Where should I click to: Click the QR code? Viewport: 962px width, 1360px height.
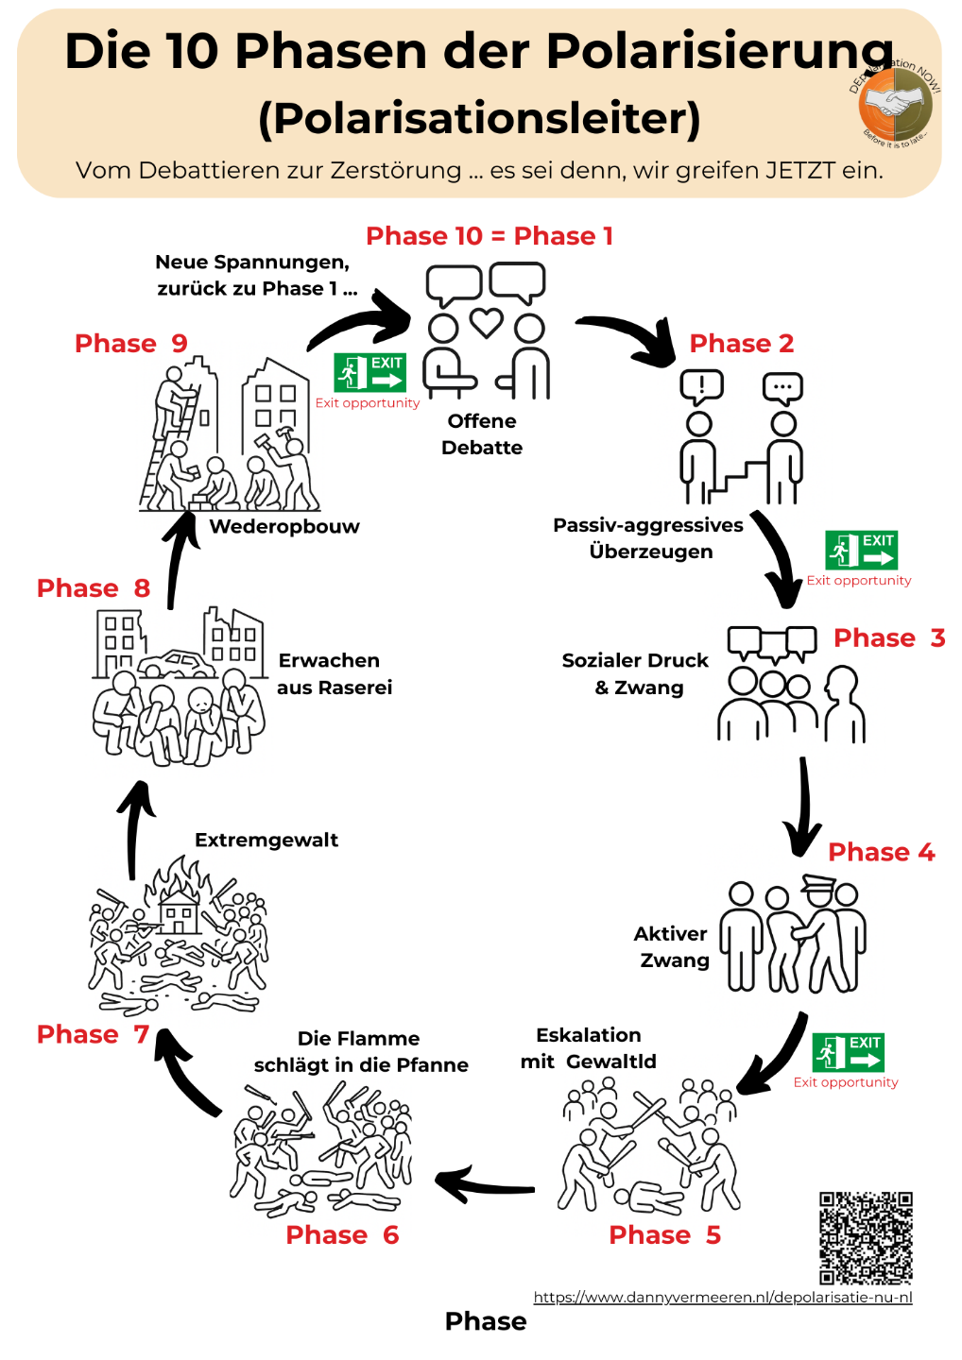tap(866, 1237)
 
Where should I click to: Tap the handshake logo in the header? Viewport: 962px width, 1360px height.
tap(895, 104)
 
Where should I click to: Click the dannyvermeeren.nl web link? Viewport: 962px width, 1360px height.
tap(723, 1298)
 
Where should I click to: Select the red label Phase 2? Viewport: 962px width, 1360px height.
tap(742, 344)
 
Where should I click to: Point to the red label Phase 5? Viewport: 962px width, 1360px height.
tap(664, 1235)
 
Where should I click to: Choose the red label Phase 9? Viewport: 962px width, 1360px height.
tap(131, 344)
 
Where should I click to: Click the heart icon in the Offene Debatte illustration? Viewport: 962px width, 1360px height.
tap(487, 323)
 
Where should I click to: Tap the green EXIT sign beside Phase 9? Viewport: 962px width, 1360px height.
tap(369, 372)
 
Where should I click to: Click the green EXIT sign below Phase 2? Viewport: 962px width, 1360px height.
tap(861, 550)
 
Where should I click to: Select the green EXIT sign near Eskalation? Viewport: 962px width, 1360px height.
tap(848, 1052)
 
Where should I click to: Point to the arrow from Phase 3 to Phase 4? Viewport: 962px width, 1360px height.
tap(804, 807)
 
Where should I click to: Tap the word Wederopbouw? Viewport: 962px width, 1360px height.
tap(284, 527)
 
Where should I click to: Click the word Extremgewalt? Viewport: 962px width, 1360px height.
tap(266, 841)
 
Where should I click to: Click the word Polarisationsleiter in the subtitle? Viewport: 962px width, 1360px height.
tap(480, 118)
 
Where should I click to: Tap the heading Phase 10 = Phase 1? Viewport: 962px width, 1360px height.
tap(490, 236)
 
